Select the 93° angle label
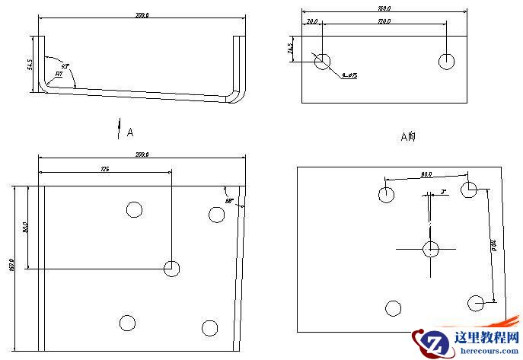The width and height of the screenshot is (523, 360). coord(65,67)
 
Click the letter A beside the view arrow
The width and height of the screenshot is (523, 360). coord(130,132)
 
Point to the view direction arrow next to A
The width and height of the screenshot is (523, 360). coord(119,129)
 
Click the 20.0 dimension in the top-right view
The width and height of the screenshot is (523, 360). coord(312,22)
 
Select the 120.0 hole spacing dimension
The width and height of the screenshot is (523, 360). coord(384,22)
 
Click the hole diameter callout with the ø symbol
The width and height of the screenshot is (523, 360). coord(350,75)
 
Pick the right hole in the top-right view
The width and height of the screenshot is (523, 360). coord(447,61)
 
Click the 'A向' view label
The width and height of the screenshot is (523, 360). coord(409,137)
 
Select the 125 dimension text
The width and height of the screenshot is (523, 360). coord(104,169)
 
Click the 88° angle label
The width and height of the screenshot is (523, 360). coord(228,201)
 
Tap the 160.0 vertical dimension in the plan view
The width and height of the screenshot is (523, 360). coord(11,266)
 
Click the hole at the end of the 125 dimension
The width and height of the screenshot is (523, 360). coord(172,268)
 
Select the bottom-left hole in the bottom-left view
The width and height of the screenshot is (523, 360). coord(127,323)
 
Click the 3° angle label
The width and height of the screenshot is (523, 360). coord(444,193)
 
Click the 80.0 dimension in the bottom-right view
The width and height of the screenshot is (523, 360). coord(426,174)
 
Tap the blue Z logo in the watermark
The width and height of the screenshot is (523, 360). coord(431,343)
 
